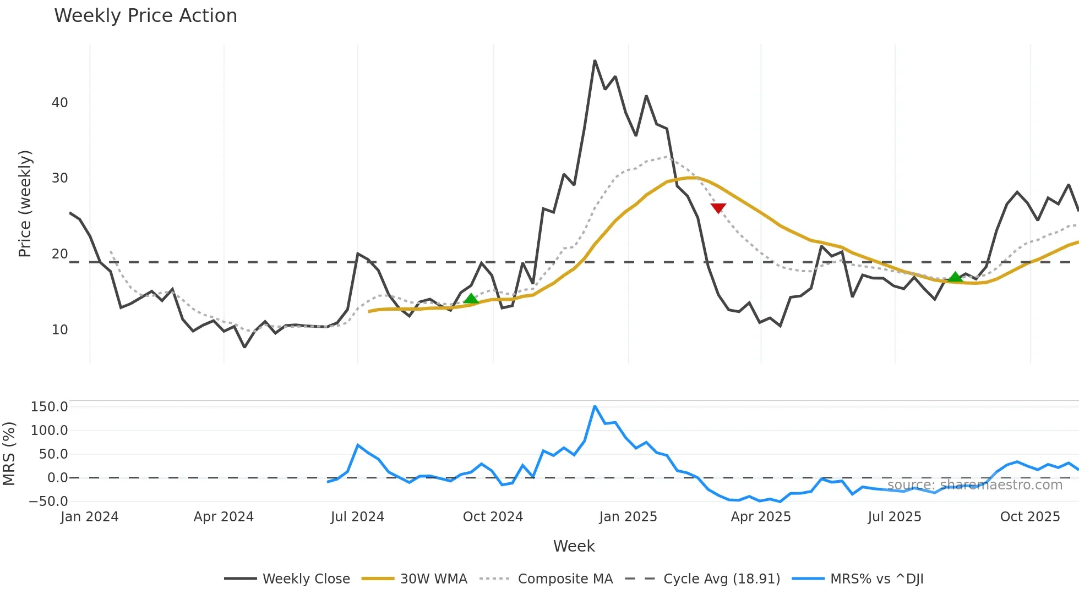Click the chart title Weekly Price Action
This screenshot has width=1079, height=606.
[x=145, y=16]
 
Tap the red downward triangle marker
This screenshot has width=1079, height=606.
[x=718, y=208]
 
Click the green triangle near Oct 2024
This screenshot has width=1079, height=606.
[x=471, y=299]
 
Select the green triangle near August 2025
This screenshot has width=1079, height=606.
[x=955, y=277]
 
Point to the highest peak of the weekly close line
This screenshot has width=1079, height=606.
[x=595, y=61]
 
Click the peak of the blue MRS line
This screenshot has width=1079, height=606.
[x=595, y=406]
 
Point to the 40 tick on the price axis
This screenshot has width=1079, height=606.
[x=60, y=103]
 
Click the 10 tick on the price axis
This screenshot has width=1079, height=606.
[x=60, y=330]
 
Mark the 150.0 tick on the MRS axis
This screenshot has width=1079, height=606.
[x=50, y=407]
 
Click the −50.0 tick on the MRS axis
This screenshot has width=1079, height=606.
[x=48, y=501]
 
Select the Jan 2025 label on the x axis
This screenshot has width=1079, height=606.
[x=628, y=517]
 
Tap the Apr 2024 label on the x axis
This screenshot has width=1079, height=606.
[x=224, y=517]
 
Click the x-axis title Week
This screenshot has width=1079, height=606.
[x=574, y=546]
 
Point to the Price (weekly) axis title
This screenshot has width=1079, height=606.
[x=25, y=203]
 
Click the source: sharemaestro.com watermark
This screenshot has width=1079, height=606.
[x=974, y=485]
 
